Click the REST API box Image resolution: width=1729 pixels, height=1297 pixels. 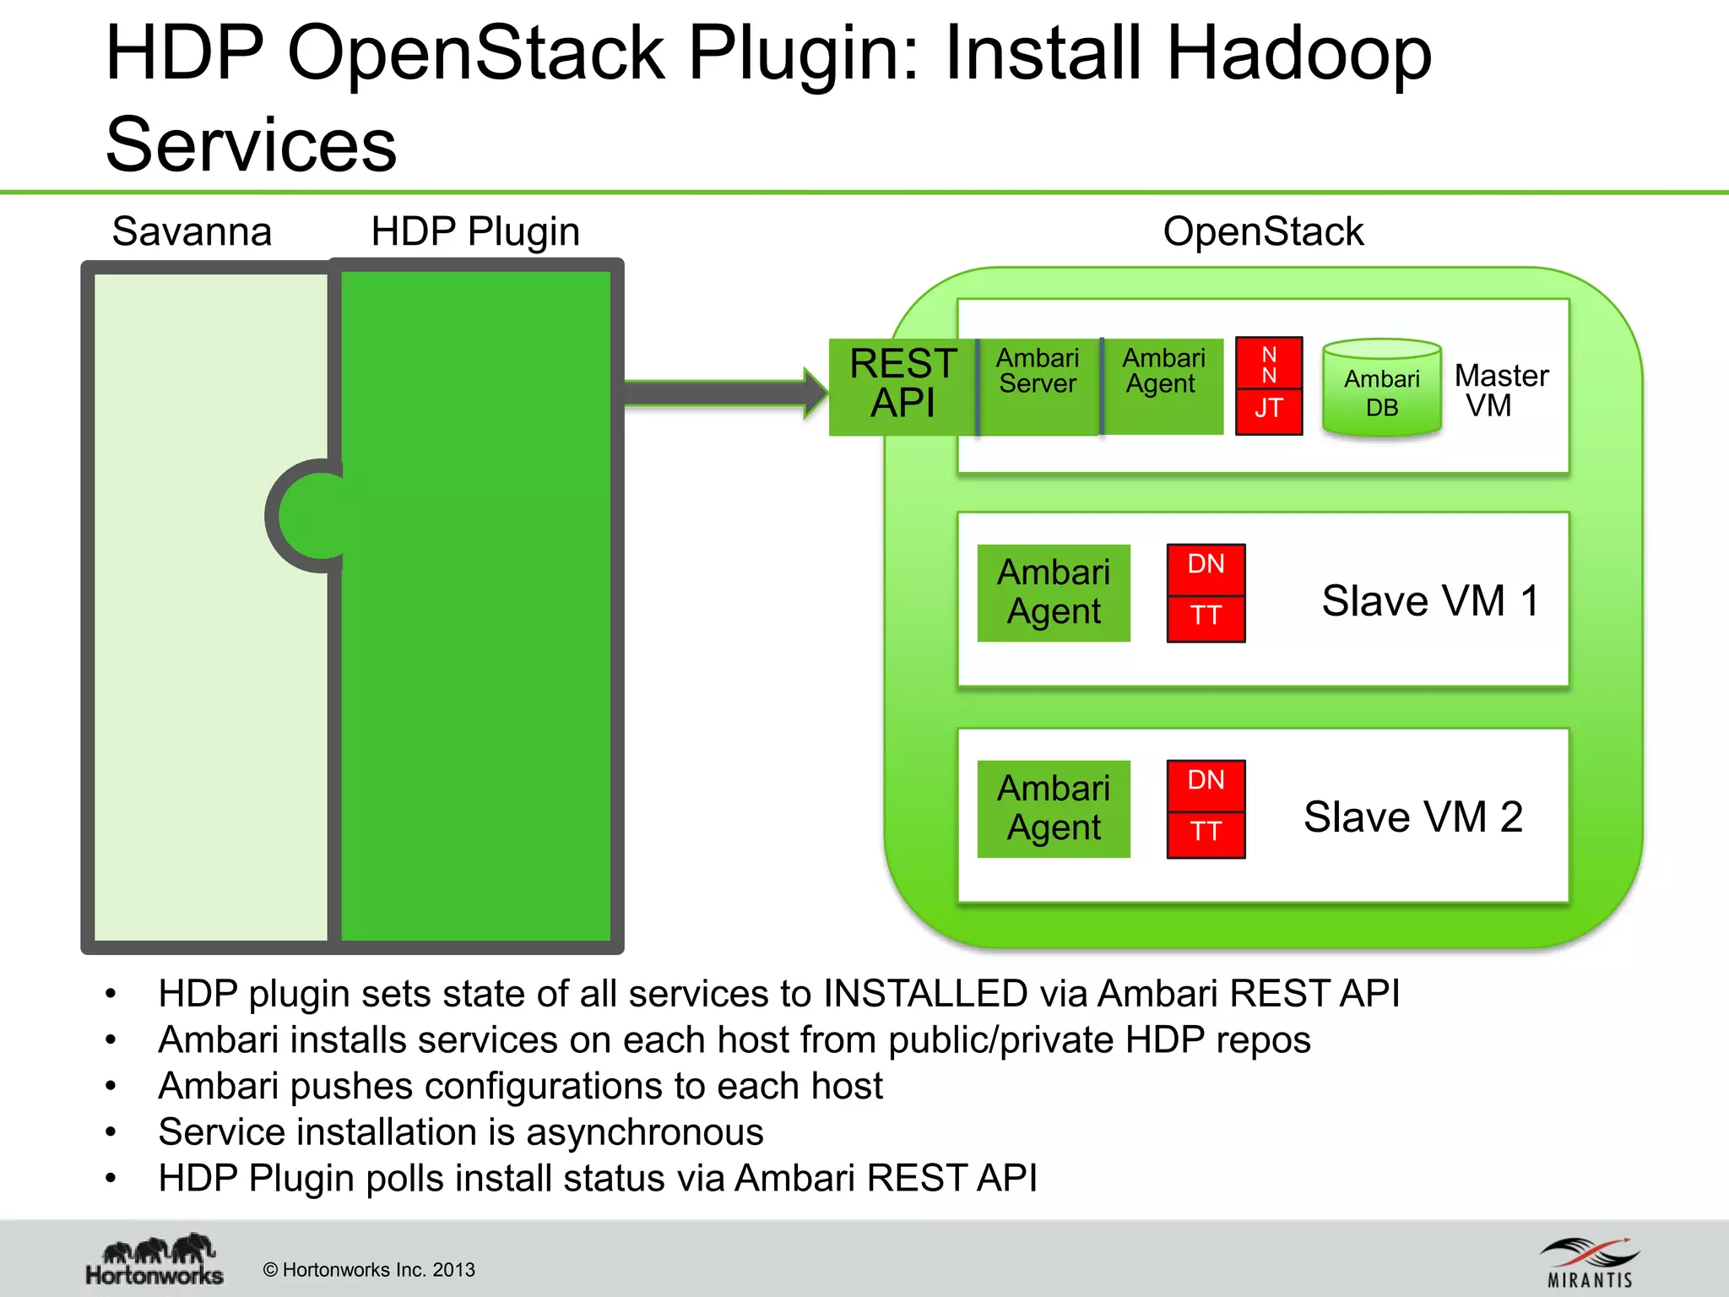tap(902, 386)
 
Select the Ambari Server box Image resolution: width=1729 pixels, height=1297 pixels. tap(1038, 386)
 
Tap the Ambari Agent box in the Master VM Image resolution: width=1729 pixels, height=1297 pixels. tap(1163, 386)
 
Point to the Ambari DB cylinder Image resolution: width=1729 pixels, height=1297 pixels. tap(1381, 389)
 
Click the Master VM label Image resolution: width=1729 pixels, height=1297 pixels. tap(1500, 390)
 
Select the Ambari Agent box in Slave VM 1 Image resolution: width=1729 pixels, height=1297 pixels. tap(1054, 593)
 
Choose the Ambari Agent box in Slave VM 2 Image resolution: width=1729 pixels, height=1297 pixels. tap(1054, 809)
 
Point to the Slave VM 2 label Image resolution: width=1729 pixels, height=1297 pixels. tap(1412, 817)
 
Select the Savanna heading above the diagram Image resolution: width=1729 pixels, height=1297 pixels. tap(192, 231)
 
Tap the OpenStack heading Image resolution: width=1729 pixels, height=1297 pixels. tap(1262, 231)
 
